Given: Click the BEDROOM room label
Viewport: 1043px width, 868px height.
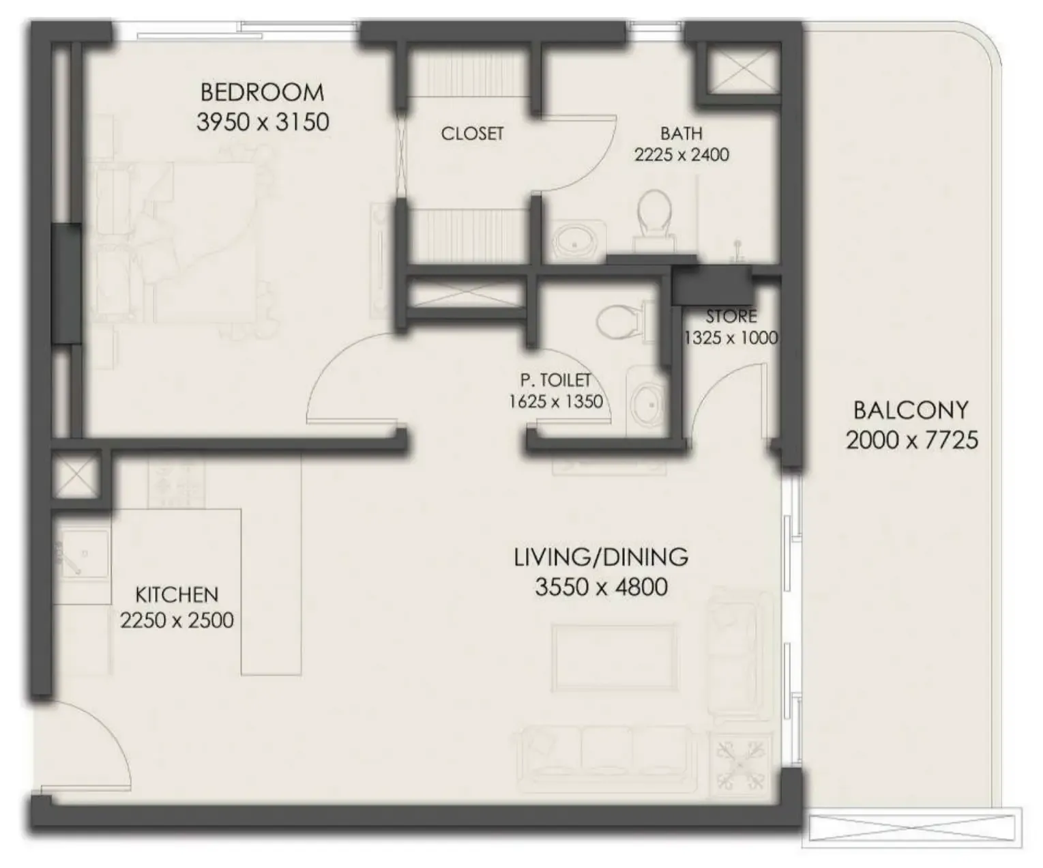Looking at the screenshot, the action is point(262,92).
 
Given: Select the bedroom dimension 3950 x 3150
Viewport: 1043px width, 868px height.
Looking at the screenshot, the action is point(263,122).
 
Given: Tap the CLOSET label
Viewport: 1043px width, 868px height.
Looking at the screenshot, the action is point(472,134).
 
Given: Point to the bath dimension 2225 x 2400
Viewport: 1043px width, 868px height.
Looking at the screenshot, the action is point(681,155).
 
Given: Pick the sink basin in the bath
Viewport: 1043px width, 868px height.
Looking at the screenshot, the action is point(576,242).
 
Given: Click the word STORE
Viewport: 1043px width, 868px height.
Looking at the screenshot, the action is point(731,317).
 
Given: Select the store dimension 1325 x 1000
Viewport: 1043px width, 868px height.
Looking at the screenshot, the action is point(731,338).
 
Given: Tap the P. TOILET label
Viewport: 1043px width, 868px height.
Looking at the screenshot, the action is point(555,380).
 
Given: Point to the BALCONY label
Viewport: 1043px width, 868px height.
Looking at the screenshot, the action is point(911,410).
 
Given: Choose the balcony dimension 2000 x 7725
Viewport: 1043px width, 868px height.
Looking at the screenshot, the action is point(911,440).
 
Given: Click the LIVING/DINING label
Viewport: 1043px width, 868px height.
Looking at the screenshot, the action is point(601,558).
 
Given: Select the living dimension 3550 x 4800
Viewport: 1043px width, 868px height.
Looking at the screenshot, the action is point(601,587).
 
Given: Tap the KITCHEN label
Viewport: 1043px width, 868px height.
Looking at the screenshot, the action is point(177,594).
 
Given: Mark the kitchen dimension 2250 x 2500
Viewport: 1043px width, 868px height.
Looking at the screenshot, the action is point(177,621).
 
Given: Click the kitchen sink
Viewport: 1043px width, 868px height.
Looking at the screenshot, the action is point(83,555).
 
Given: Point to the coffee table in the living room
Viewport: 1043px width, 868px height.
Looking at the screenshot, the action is point(615,657).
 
